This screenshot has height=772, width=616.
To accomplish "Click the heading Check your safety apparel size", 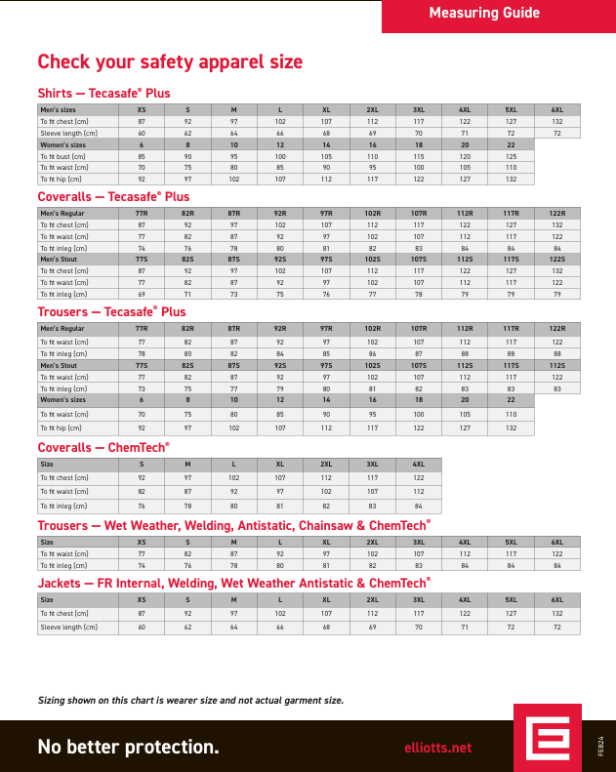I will [170, 62].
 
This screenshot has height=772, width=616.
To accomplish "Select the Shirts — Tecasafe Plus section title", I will [103, 94].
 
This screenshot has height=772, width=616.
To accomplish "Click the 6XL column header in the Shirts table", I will [556, 109].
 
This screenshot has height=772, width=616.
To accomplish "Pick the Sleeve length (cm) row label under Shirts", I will [68, 133].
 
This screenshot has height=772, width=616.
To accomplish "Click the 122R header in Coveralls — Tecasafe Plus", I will [556, 213].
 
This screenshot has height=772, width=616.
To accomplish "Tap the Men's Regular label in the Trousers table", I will [62, 329].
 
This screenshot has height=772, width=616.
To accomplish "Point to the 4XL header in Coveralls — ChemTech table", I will [418, 465].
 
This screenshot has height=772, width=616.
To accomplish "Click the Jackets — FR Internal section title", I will [233, 583].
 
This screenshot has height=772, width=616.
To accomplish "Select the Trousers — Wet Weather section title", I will [233, 525].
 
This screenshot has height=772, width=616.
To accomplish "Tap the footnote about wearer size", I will [190, 701].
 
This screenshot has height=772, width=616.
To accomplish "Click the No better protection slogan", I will [128, 748].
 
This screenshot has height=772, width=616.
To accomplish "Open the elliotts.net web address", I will [437, 748].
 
